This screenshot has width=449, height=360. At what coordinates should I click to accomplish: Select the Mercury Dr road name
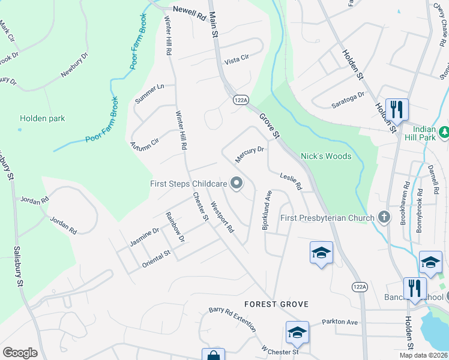[250, 154]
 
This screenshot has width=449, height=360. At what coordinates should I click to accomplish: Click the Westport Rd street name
[221, 217]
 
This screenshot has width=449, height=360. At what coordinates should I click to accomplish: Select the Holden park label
[42, 118]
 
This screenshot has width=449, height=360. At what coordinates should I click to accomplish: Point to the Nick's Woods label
[325, 156]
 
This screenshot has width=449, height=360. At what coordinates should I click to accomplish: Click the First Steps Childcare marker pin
[237, 184]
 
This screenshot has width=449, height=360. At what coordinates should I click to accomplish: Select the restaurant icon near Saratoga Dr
[397, 109]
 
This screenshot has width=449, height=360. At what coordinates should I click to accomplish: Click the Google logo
[20, 353]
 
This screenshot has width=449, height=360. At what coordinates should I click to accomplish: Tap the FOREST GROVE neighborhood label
[276, 304]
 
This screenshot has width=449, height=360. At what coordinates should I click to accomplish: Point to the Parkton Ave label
[339, 322]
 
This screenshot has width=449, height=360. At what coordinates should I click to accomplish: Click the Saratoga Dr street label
[348, 100]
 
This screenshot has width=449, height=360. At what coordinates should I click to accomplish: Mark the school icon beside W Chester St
[297, 331]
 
